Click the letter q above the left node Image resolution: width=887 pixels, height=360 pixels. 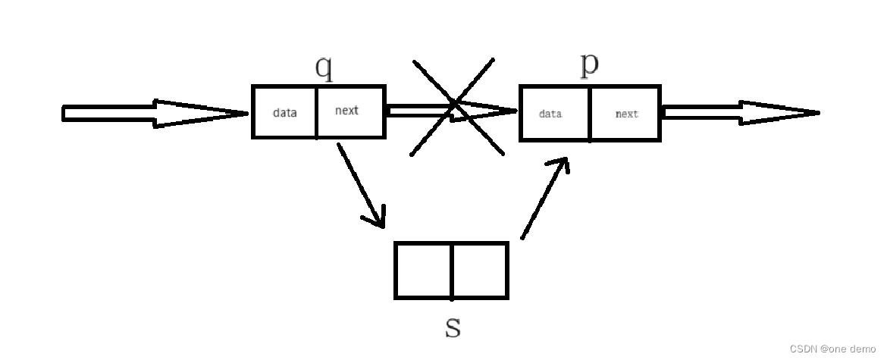point(324,67)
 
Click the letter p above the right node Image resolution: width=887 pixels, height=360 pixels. point(589,65)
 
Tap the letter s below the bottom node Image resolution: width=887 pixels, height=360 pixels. point(453,327)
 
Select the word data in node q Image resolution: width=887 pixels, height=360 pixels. point(285,113)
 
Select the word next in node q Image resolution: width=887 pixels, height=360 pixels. point(346,111)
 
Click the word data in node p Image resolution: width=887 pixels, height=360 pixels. point(550,114)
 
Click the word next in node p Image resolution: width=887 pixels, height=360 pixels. point(626,114)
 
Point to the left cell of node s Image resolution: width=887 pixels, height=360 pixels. point(423,271)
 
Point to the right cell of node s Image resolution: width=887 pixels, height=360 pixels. point(480,271)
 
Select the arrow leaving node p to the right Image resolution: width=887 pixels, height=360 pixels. point(739,114)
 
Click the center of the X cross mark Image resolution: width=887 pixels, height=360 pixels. point(455,106)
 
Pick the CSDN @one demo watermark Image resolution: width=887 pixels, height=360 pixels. point(832,349)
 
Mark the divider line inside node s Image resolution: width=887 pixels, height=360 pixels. point(452,271)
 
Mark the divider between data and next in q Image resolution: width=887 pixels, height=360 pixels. point(316,112)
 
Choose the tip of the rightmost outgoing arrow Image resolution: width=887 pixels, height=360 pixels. point(816,114)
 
